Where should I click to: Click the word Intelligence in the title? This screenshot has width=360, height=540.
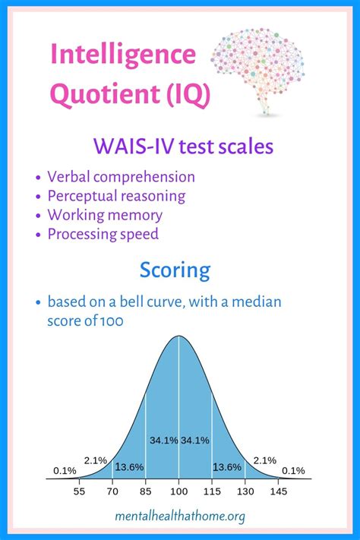(123, 55)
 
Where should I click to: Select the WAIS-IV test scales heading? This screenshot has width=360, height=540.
(183, 146)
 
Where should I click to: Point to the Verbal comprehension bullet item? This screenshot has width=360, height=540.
(121, 177)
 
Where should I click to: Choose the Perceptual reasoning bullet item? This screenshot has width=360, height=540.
(116, 196)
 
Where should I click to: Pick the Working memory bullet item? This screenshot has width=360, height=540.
(105, 215)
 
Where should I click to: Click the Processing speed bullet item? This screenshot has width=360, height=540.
(103, 234)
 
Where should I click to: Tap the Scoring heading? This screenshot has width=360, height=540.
(175, 270)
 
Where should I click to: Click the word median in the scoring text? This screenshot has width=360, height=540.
(256, 302)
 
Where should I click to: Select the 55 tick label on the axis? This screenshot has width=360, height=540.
(79, 491)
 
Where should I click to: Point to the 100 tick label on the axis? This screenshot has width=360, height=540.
(178, 491)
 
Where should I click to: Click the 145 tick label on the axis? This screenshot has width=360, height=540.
(278, 491)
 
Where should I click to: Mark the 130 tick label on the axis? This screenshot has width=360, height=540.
(245, 491)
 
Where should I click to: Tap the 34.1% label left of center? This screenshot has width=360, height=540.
(164, 441)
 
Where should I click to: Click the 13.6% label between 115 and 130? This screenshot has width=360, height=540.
(227, 467)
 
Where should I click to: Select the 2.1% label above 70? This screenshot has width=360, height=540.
(96, 460)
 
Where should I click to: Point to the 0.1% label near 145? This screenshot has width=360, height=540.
(293, 470)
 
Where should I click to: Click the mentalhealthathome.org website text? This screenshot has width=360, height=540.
(180, 516)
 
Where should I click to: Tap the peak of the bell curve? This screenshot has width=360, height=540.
(178, 336)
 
